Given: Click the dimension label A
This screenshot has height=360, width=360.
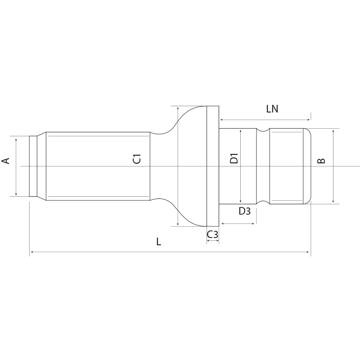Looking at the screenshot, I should [x=6, y=160].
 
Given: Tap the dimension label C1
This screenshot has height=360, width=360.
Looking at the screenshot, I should [x=137, y=159].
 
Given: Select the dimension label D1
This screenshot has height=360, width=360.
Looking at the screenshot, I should [x=234, y=159].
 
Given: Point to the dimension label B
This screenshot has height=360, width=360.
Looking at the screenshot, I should [x=321, y=161].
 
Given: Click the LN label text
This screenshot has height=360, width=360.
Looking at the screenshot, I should [x=272, y=109].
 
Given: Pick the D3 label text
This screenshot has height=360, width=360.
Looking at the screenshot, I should [x=244, y=211].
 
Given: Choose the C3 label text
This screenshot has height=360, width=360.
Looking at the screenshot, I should [x=212, y=234].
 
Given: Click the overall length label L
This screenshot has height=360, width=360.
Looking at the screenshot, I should [x=158, y=242].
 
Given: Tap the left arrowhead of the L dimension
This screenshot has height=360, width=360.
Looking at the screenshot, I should [x=31, y=252].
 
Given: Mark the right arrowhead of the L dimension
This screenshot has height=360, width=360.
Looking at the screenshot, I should [x=309, y=252].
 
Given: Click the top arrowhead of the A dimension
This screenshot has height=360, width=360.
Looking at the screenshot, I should [x=16, y=139].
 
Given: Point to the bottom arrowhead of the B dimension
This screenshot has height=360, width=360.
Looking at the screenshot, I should [x=333, y=202].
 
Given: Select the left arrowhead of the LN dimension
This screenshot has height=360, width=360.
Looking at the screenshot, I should [x=221, y=120].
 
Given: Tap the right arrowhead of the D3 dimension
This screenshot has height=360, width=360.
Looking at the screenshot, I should [x=254, y=224].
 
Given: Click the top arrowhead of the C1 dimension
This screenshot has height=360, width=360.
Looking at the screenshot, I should [x=179, y=108].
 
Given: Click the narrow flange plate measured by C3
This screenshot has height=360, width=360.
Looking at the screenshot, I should [x=212, y=166].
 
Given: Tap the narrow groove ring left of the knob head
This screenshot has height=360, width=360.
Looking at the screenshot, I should [x=263, y=166].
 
